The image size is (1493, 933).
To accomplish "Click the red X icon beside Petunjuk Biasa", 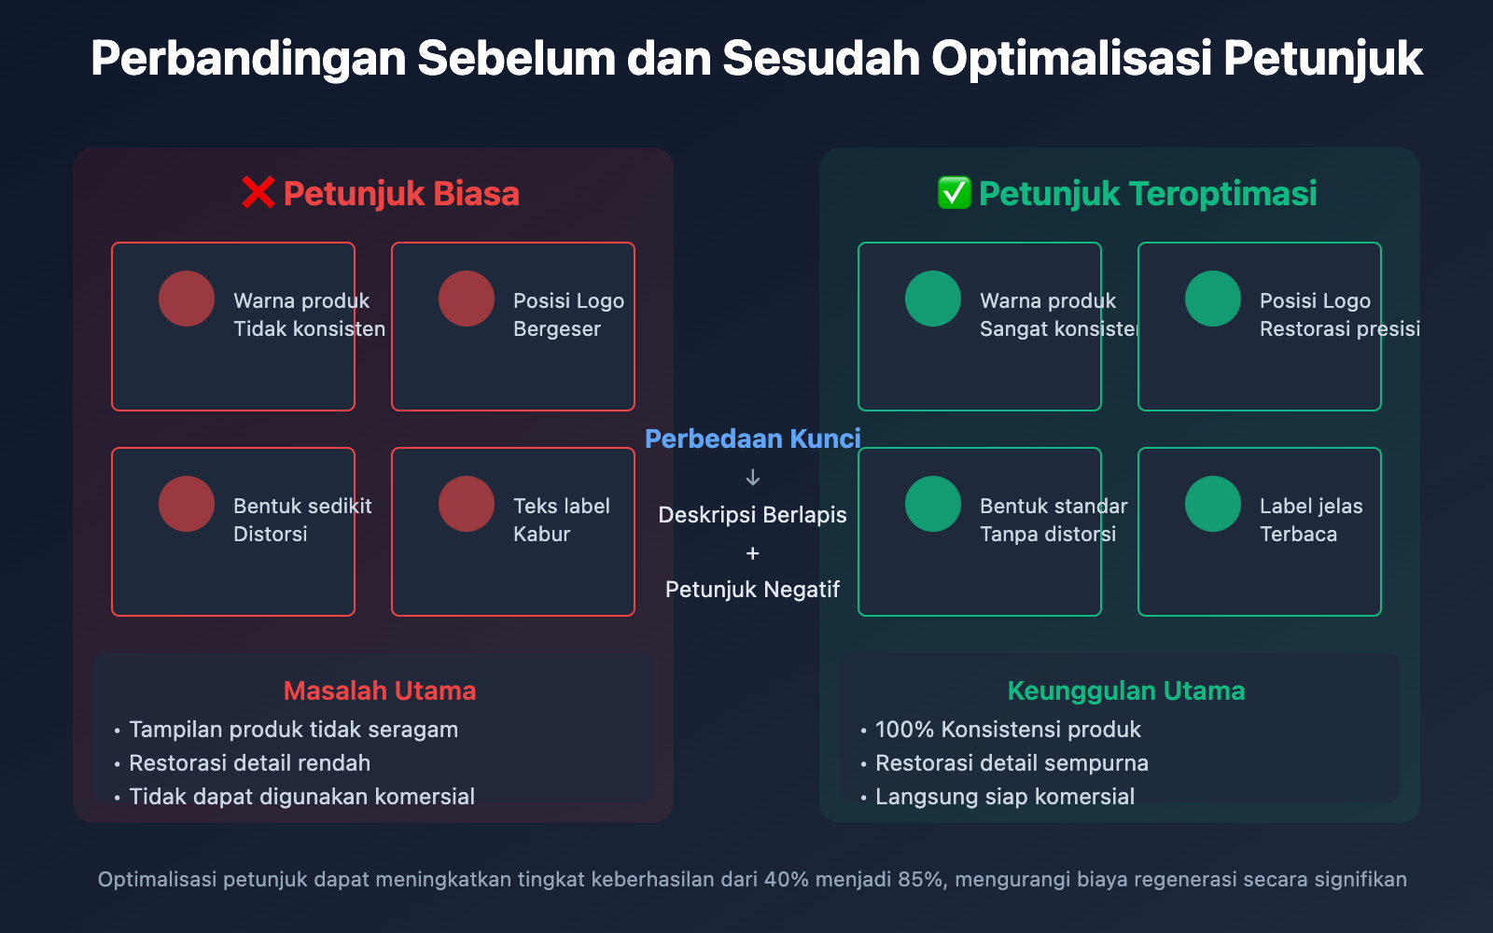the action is [258, 193].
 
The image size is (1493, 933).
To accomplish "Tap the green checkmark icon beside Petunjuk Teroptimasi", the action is [954, 193].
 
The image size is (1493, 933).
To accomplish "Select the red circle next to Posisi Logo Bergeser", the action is [467, 299].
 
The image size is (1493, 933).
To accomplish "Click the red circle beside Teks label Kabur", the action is [467, 504].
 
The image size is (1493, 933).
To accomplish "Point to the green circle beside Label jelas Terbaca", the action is [1213, 504].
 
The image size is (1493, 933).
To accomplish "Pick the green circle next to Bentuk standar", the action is [933, 504].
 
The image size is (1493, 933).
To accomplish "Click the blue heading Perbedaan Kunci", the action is [752, 439].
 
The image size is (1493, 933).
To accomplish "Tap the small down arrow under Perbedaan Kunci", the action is [752, 477].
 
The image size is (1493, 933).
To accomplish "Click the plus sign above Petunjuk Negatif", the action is [752, 553].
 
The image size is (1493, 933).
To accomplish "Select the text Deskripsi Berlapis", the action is [752, 515].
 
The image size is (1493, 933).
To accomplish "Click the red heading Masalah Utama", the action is [380, 691].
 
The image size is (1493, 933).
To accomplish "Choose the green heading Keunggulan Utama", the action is [1126, 691].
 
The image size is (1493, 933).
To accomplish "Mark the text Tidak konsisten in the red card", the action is [309, 329].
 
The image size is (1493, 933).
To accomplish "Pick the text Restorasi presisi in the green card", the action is [1340, 329].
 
